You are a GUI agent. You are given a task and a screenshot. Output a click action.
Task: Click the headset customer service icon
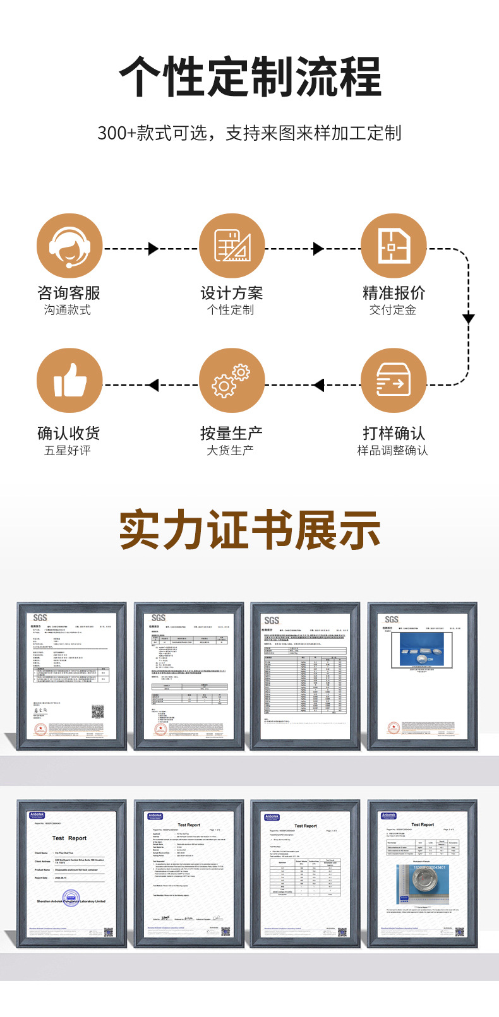click(69, 246)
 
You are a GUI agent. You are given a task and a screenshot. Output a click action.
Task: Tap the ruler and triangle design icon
click(231, 246)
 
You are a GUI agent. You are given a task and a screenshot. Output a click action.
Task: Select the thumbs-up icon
click(69, 381)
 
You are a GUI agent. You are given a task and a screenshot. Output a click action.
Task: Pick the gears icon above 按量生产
click(231, 381)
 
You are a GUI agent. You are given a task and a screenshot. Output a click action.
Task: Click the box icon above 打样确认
click(393, 381)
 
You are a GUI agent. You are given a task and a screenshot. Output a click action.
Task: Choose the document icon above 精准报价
click(393, 246)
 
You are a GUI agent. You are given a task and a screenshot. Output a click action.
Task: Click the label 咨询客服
click(69, 293)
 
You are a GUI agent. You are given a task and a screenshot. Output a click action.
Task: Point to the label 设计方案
click(231, 293)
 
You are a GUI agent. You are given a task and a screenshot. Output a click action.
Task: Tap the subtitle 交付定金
click(393, 310)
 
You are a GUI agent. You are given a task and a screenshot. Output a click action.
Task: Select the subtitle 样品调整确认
click(393, 450)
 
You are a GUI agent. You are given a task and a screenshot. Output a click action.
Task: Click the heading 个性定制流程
click(250, 78)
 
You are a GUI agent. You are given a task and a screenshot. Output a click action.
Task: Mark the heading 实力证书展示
click(250, 531)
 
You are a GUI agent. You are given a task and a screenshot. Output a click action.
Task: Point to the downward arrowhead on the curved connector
click(468, 318)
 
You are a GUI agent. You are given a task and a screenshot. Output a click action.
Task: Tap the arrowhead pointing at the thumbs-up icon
click(153, 384)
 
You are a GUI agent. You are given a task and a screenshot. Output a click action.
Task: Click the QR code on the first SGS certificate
click(97, 712)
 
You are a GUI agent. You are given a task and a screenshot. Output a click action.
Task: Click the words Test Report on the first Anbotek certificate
click(69, 838)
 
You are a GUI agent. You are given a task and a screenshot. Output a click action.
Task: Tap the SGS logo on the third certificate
click(272, 620)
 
